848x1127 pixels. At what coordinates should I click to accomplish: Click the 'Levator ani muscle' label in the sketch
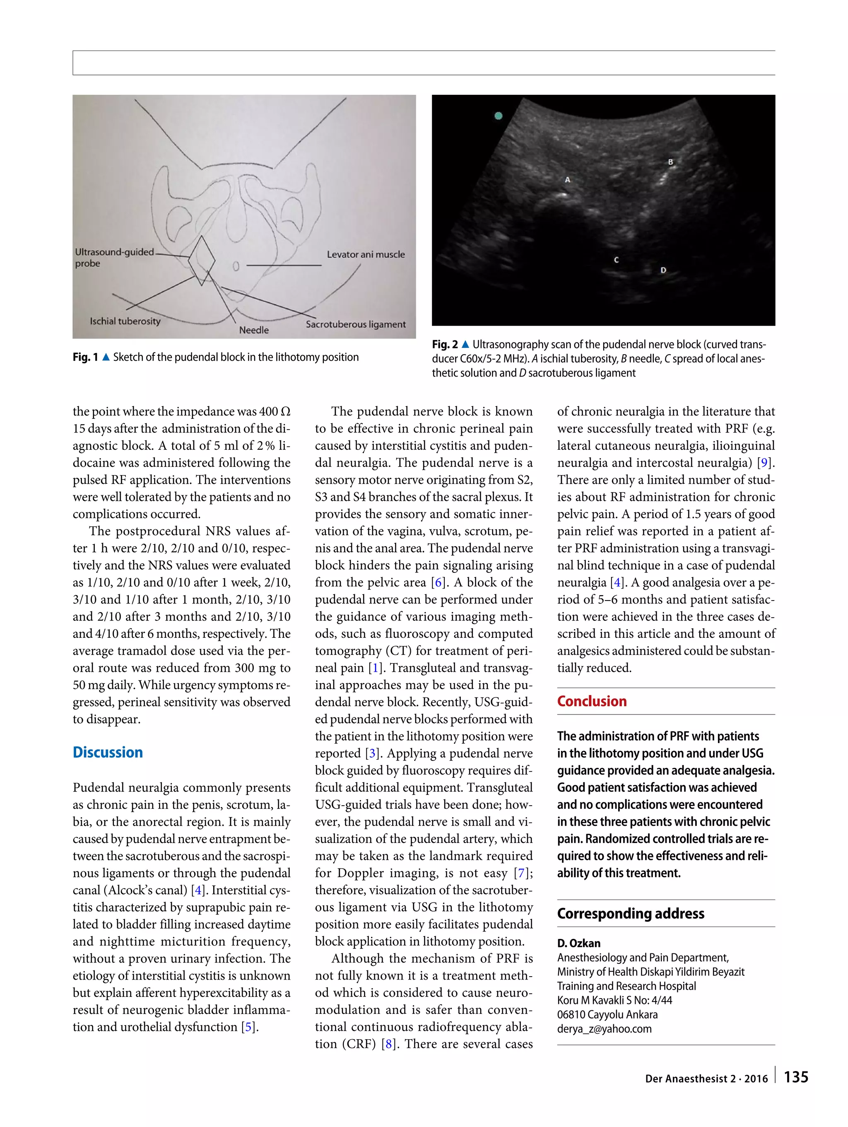[x=366, y=254]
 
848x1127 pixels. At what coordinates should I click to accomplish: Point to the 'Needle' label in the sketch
[x=254, y=330]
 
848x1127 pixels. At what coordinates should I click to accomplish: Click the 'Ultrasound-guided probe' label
[x=114, y=257]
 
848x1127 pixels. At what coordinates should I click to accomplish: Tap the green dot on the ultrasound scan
[x=499, y=116]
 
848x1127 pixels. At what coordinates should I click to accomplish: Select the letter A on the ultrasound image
[x=567, y=180]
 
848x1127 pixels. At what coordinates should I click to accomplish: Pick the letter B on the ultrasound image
[x=670, y=162]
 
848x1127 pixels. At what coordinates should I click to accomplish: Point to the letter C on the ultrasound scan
[x=616, y=260]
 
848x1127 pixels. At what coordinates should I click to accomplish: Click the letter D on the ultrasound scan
[x=663, y=270]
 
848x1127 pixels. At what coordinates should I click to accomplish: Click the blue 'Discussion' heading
[x=108, y=752]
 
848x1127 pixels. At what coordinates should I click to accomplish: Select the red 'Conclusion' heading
[x=591, y=701]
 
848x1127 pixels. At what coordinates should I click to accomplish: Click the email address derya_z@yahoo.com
[x=604, y=1029]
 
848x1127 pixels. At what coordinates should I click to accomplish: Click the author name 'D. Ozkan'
[x=578, y=943]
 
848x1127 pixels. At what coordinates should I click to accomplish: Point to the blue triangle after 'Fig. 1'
[x=106, y=357]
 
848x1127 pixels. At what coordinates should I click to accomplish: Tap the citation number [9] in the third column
[x=764, y=463]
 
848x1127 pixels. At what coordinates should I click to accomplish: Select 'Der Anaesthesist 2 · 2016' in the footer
[x=706, y=1079]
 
